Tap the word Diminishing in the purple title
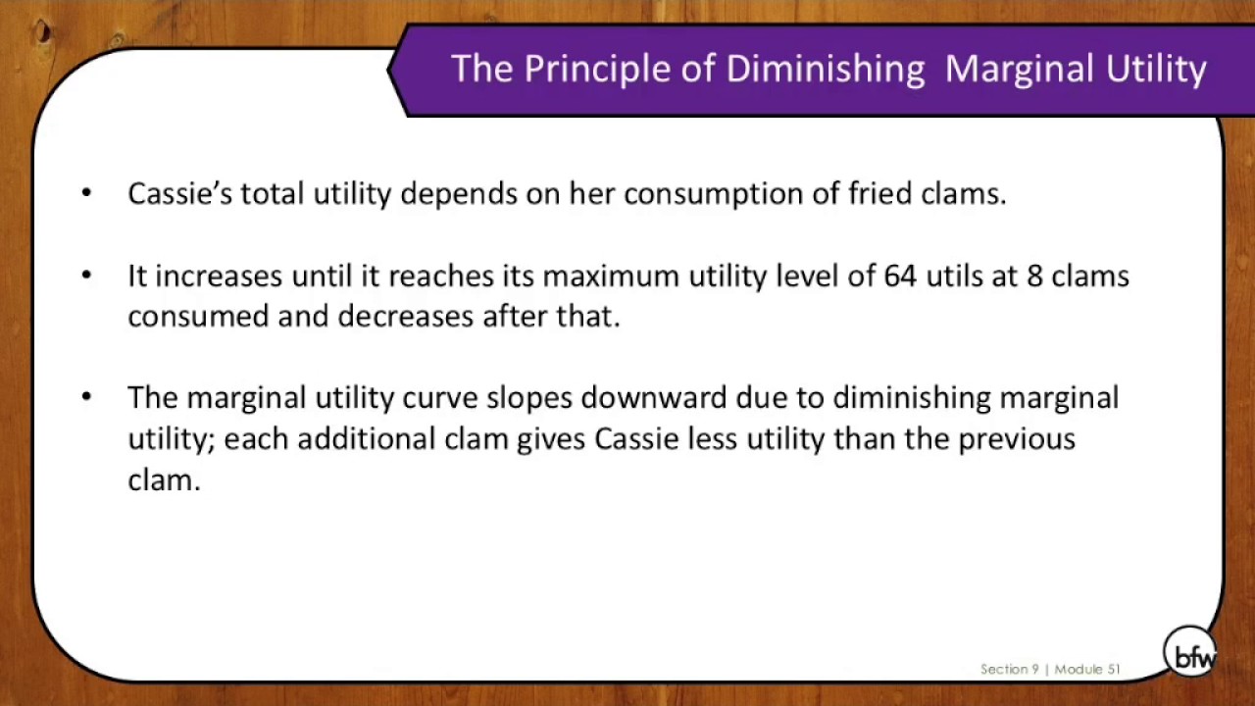coord(825,70)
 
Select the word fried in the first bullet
coord(879,193)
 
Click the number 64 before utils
coord(899,276)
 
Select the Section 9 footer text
coord(1009,670)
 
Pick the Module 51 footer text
coord(1087,670)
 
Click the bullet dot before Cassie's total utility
coord(86,192)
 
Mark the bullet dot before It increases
coord(86,275)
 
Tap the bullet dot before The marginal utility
coord(86,396)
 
